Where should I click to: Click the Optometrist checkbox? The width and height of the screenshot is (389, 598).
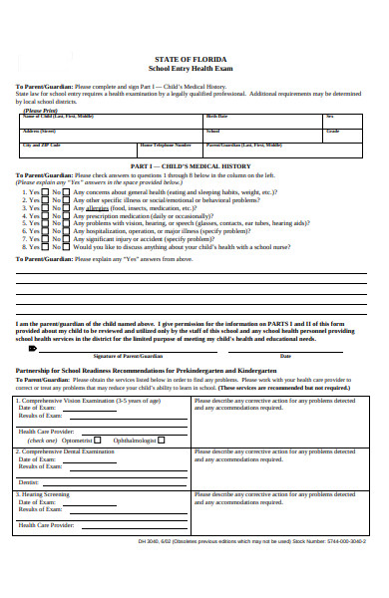[97, 439]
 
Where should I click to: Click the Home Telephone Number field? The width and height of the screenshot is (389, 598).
[170, 149]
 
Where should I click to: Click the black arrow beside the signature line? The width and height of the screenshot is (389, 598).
[36, 347]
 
